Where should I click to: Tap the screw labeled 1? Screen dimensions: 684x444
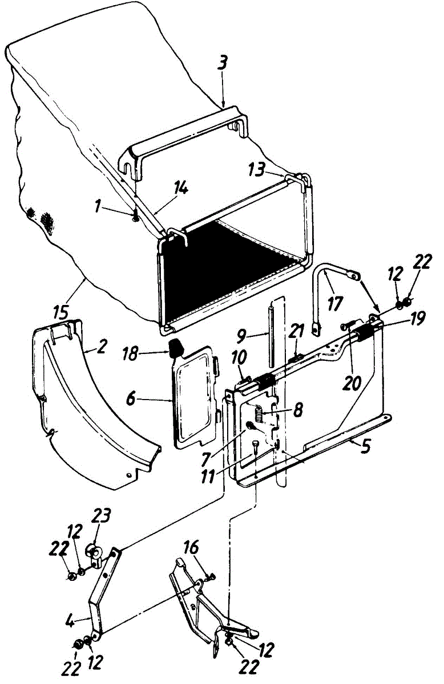click(x=136, y=216)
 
